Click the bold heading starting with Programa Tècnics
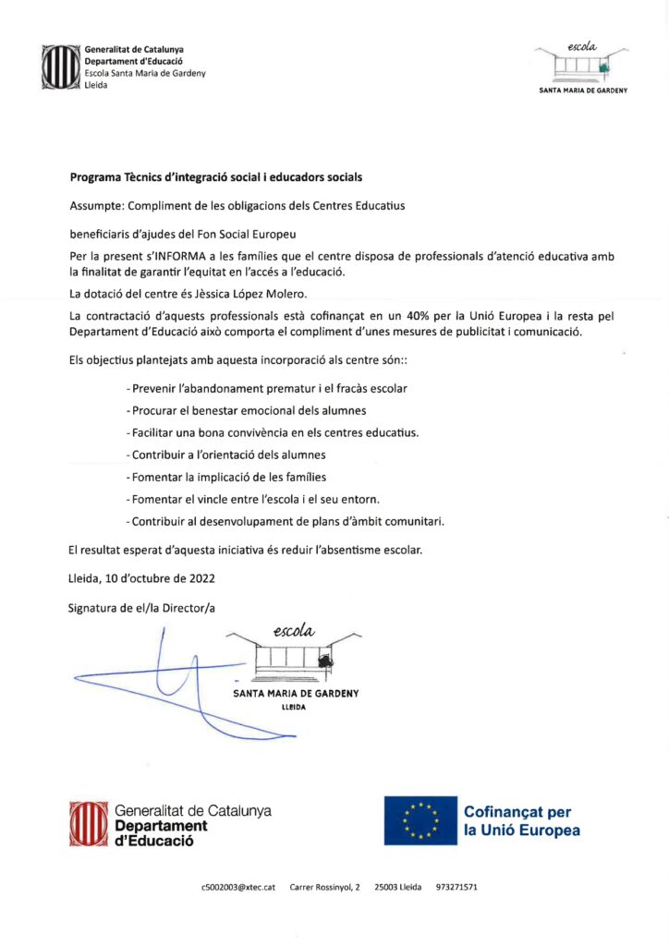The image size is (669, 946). (216, 176)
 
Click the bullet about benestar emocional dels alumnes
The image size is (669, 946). (246, 410)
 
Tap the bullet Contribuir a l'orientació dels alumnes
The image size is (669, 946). (225, 455)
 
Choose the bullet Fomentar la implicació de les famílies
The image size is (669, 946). (225, 477)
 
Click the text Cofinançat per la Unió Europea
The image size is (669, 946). (522, 821)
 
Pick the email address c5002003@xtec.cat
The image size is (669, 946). (238, 888)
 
